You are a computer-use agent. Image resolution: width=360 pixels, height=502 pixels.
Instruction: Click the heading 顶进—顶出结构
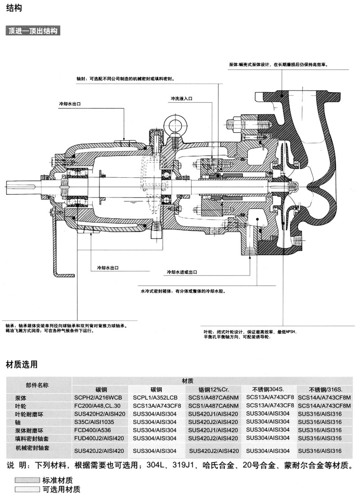click(x=33, y=31)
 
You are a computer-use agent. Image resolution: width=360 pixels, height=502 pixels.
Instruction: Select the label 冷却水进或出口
click(x=182, y=272)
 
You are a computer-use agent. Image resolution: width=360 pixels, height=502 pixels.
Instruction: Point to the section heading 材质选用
click(x=22, y=364)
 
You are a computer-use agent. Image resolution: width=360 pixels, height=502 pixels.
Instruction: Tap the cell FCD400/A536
click(x=98, y=430)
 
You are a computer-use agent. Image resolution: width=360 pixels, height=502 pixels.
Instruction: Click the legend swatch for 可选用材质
click(x=27, y=489)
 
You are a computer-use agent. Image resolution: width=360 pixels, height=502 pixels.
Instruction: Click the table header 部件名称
click(x=37, y=385)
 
